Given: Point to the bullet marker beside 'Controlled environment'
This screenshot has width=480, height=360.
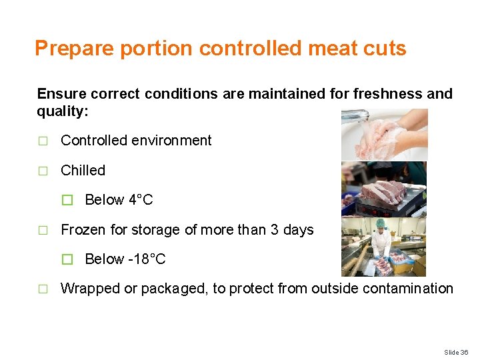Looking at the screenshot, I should (x=43, y=141).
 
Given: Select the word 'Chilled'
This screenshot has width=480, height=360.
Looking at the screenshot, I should (x=83, y=171).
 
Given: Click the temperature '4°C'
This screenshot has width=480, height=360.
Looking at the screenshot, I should (x=141, y=200).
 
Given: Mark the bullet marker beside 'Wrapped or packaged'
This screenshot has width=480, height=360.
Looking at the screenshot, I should (x=43, y=289).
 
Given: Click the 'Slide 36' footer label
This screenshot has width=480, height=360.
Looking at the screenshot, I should (x=456, y=351).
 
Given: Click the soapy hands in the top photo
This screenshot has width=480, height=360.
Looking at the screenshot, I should (x=390, y=137).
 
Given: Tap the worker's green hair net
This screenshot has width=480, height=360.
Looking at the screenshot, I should (x=381, y=223).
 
